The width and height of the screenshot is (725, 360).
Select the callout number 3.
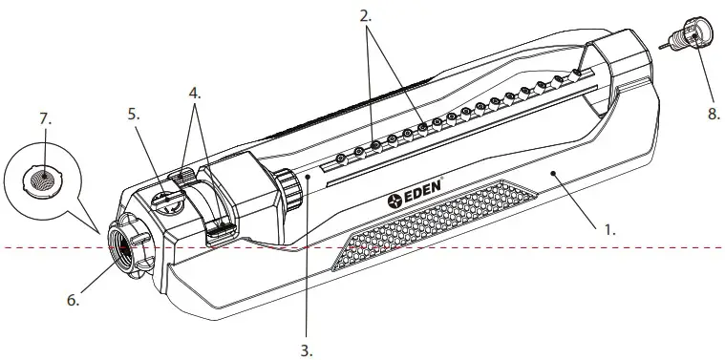pyautogui.click(x=306, y=349)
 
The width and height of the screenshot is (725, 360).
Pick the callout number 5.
pyautogui.click(x=133, y=113)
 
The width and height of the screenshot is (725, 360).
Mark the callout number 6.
pyautogui.click(x=73, y=299)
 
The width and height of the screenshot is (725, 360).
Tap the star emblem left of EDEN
pyautogui.click(x=394, y=201)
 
